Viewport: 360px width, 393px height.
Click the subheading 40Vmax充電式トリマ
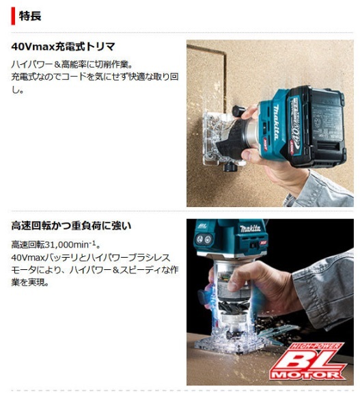pos(63,47)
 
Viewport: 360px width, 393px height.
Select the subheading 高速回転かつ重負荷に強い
pos(71,226)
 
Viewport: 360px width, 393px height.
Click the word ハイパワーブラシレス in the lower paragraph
pos(137,256)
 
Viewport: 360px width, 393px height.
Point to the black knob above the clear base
pos(238,109)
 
